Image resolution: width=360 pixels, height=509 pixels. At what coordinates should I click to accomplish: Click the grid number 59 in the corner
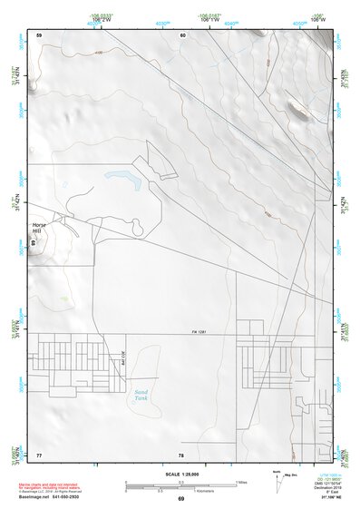pos(39,34)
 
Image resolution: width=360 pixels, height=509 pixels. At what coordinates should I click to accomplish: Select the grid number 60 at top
pos(182,34)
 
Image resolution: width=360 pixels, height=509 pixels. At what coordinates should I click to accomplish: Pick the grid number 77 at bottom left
pos(39,454)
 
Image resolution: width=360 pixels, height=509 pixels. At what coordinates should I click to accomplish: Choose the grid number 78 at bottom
pos(181,454)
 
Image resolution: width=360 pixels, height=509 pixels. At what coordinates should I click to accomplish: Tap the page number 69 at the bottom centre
pos(180,500)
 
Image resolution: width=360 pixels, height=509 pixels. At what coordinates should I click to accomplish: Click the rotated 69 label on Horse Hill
pos(33,243)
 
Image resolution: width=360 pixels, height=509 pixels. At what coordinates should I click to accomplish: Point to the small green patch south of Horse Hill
pos(63,298)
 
